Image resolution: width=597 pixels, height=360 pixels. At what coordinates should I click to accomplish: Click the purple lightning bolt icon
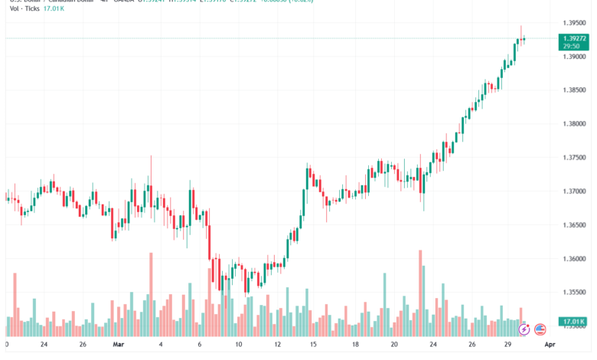[524, 329]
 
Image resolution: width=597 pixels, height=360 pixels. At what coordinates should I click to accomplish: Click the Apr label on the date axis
[549, 345]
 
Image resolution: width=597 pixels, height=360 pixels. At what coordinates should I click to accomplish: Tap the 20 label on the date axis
[393, 345]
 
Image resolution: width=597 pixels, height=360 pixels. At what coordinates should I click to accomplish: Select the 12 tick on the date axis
[277, 345]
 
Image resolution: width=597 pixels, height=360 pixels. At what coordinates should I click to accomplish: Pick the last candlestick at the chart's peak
[524, 38]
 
